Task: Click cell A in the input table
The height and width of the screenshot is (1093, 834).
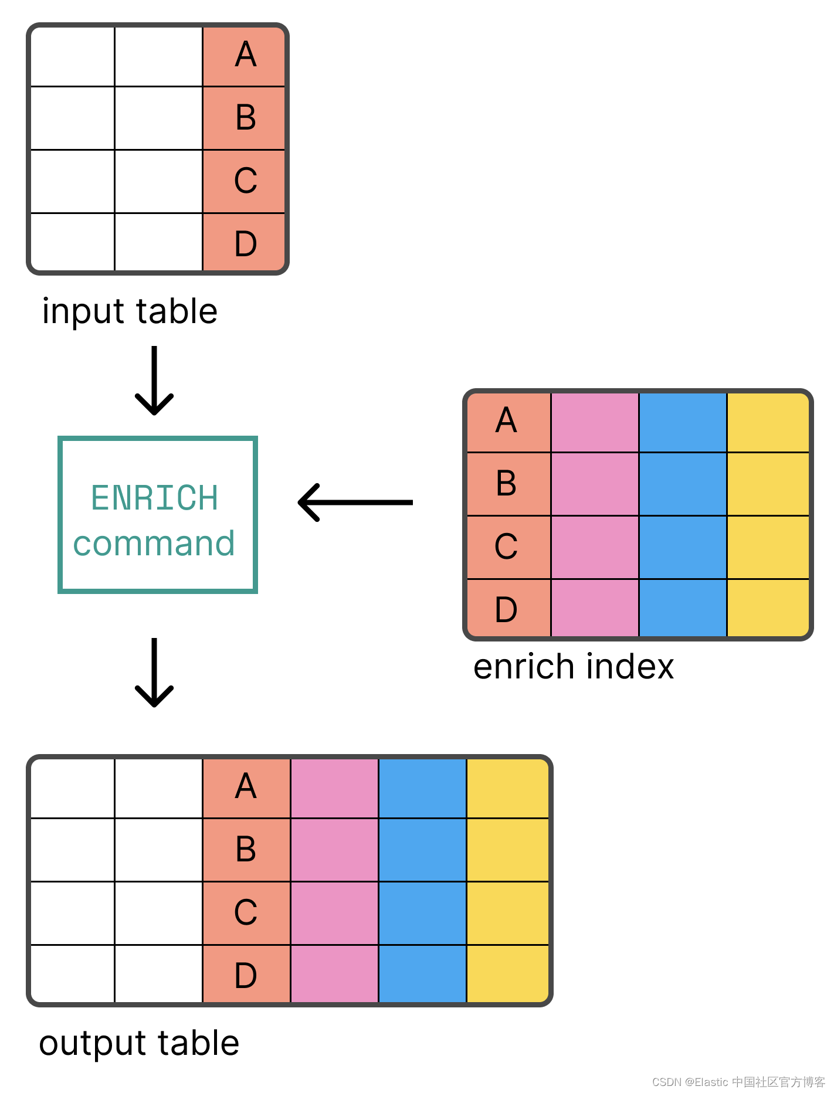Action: [245, 56]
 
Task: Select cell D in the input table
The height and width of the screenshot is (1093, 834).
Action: [245, 243]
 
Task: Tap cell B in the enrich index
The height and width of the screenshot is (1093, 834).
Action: [507, 484]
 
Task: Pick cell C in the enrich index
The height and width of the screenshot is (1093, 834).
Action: [507, 546]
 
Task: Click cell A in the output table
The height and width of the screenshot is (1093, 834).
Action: [246, 787]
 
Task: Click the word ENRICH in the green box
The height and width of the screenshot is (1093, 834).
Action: [155, 498]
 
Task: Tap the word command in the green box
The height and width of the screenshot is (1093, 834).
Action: [154, 544]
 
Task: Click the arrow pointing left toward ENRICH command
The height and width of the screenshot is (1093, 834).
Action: [355, 503]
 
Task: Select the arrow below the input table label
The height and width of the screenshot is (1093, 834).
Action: [154, 381]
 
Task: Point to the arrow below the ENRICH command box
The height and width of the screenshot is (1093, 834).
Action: [154, 673]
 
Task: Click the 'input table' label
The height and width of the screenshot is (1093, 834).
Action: [130, 311]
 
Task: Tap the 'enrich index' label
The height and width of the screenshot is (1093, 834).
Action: [573, 667]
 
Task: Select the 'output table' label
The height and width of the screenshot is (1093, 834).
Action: [139, 1044]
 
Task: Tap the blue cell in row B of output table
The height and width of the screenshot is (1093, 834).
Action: [422, 850]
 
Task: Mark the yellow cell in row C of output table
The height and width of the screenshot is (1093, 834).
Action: [508, 913]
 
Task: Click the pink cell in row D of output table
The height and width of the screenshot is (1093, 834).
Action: [334, 974]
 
